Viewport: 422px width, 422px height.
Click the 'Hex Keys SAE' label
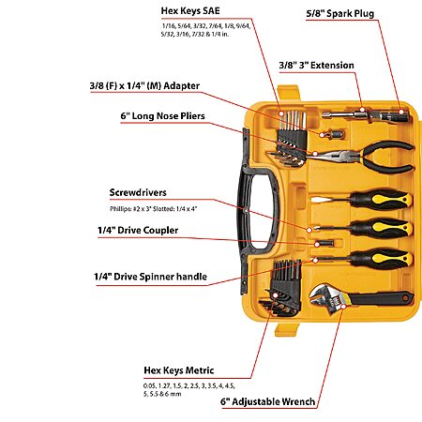pos(190,10)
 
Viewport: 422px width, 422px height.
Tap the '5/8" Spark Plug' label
pos(340,14)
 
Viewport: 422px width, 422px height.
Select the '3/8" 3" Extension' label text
pos(316,66)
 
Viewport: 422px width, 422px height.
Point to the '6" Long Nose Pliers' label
pos(162,116)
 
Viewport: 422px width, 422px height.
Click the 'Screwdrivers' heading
pos(138,192)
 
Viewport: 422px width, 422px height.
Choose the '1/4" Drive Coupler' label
pos(138,231)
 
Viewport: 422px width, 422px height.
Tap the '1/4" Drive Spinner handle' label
pos(150,277)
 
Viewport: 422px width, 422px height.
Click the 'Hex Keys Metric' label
pos(179,370)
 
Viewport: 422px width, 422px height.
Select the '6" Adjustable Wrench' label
pos(268,401)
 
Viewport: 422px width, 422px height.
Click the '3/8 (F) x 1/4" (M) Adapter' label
pos(144,85)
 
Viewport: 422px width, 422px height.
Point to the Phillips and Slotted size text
pos(154,209)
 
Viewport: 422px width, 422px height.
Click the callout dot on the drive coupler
pos(317,245)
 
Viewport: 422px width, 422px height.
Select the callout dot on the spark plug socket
pos(401,112)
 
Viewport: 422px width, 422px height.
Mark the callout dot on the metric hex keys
pos(275,295)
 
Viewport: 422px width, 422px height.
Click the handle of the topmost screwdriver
pos(381,199)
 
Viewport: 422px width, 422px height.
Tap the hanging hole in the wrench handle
pos(405,297)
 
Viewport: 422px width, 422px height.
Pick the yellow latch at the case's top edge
pos(289,94)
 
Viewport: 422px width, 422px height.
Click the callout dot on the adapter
pos(322,135)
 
